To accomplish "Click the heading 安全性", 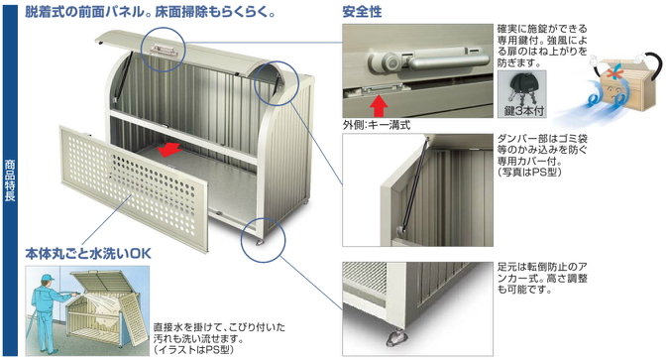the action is (362, 12).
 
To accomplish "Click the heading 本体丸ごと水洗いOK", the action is (88, 254).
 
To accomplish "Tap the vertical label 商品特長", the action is (10, 180).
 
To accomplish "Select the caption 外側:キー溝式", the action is (377, 125).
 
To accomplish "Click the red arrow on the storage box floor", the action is (169, 150).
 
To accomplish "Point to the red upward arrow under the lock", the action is (379, 106).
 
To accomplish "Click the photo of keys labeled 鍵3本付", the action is (522, 94).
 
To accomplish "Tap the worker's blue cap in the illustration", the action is (49, 278).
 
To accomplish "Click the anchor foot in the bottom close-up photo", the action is (396, 338).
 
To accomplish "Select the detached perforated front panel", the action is (135, 188).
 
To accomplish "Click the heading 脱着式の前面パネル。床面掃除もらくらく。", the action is (150, 12).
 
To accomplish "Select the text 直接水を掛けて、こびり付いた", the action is (219, 327).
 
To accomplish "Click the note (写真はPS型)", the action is (529, 172).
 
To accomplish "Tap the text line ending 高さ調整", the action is (542, 279).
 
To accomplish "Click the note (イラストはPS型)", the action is (194, 350).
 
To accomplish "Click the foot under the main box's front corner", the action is (259, 243).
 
